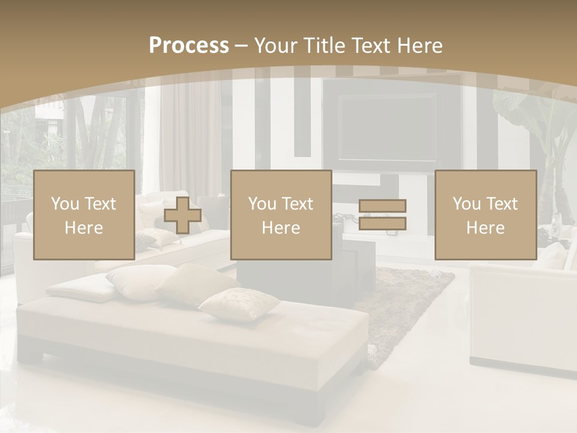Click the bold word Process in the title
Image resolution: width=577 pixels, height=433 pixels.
pos(189,45)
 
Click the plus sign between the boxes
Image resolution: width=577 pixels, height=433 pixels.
pos(183,215)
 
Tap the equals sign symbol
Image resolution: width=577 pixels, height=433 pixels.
pos(383,215)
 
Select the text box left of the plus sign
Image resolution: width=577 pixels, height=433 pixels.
pos(84,215)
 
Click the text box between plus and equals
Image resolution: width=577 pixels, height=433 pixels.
pos(281,215)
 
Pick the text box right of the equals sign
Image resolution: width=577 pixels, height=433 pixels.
pos(485,215)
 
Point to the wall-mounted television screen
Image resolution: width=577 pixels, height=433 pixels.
pos(386,126)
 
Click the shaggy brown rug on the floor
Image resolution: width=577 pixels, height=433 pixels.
pos(409,301)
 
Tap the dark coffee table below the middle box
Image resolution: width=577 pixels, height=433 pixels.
pos(307,277)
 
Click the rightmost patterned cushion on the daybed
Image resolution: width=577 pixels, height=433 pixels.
pos(239,304)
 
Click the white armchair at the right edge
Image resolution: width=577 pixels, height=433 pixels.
pos(523,319)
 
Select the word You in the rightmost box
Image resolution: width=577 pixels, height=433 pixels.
pos(466,204)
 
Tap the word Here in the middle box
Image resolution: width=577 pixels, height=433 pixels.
pos(281,228)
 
